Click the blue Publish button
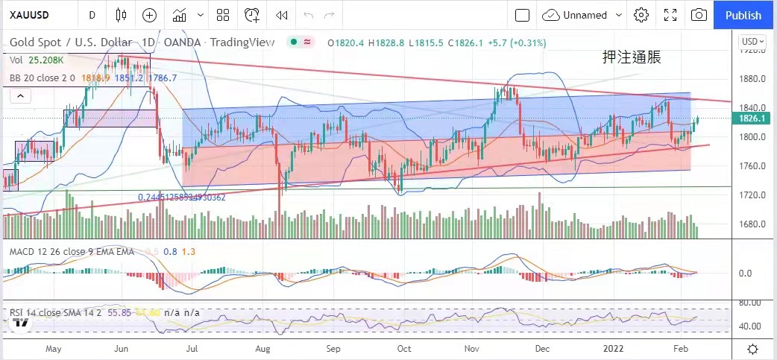tap(743, 15)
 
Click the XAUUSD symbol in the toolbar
tap(29, 15)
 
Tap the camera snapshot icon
tap(699, 15)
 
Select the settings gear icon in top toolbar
tap(641, 15)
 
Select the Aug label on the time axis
tap(262, 348)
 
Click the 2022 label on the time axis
tap(614, 348)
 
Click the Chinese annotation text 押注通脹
tap(632, 57)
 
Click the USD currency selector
tap(750, 41)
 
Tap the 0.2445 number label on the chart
tap(181, 198)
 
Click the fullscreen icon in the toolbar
tap(670, 15)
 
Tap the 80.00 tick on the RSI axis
tap(749, 303)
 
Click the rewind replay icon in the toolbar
tap(281, 15)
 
